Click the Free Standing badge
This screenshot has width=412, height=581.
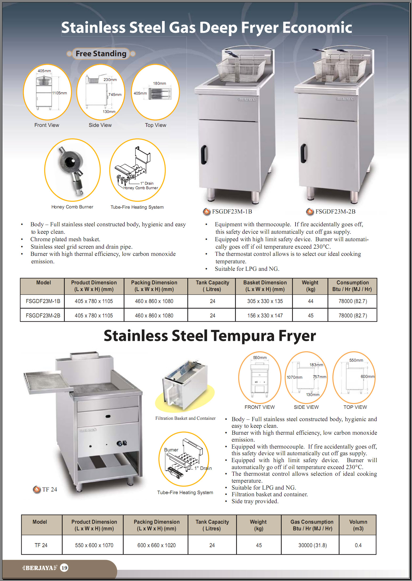click(x=101, y=54)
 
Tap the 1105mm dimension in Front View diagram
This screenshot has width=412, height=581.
click(x=59, y=93)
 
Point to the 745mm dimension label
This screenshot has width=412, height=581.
click(x=115, y=95)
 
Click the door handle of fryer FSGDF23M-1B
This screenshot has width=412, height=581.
click(x=204, y=154)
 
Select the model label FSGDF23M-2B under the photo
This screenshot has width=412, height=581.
click(x=335, y=212)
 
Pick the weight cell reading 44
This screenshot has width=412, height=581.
click(x=310, y=301)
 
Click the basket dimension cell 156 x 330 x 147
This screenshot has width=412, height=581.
click(x=265, y=316)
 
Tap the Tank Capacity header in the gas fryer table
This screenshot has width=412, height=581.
click(x=212, y=286)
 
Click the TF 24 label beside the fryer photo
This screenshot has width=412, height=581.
click(x=49, y=489)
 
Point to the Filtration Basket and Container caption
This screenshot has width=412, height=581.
click(x=185, y=418)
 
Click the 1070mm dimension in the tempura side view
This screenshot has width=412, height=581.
click(x=294, y=377)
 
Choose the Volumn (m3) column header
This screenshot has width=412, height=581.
click(x=358, y=525)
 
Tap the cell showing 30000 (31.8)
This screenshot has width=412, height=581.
click(x=312, y=545)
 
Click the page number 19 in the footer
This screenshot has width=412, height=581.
click(x=64, y=568)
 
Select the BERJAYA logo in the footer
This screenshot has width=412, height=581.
click(x=39, y=568)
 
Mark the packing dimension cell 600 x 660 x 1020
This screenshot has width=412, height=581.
click(x=156, y=545)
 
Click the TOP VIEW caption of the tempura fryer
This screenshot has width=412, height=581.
click(x=355, y=407)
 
